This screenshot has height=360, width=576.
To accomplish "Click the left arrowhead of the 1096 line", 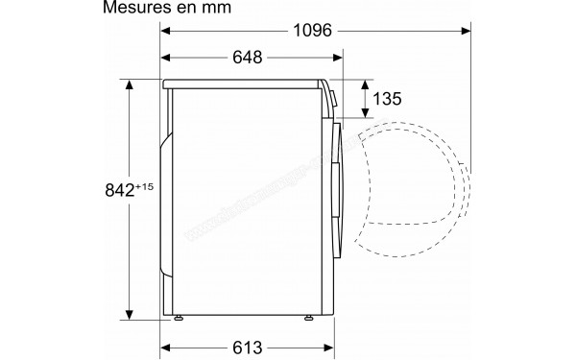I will (164, 30).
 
